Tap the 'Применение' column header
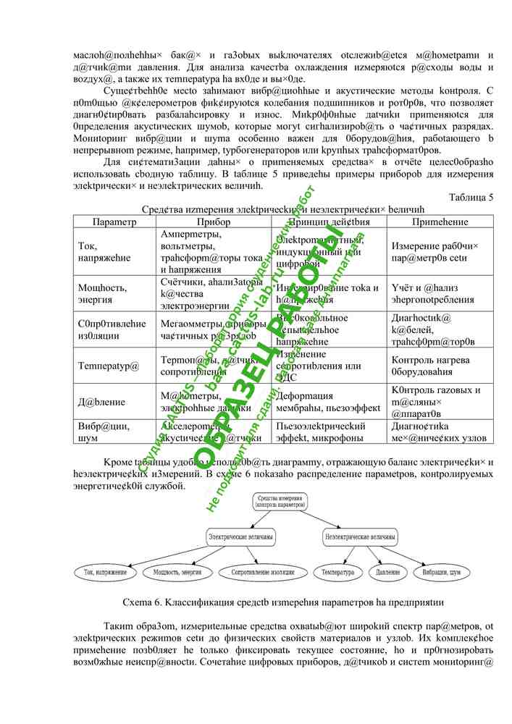click(x=439, y=222)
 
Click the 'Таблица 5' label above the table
click(x=471, y=197)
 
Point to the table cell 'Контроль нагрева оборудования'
click(x=430, y=365)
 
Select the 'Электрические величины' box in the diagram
click(x=240, y=537)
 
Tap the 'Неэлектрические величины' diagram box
click(x=360, y=537)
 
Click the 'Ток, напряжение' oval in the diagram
click(x=106, y=573)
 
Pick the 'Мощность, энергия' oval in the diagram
click(x=177, y=573)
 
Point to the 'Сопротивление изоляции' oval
click(x=258, y=573)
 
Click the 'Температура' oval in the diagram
click(x=337, y=573)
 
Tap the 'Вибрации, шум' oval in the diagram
click(x=441, y=573)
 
